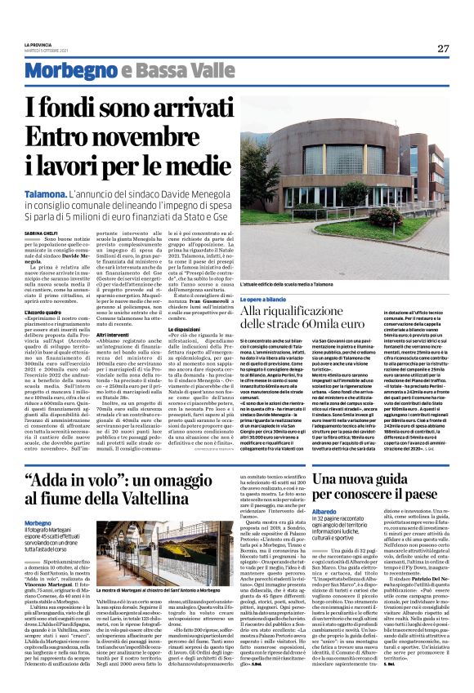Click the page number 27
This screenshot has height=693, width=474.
coord(443,47)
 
